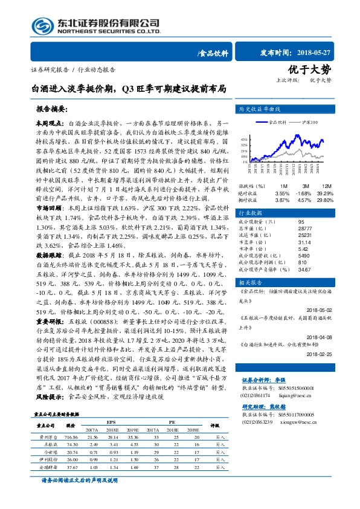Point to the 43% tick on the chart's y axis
(243, 138)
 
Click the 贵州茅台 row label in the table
(47, 435)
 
